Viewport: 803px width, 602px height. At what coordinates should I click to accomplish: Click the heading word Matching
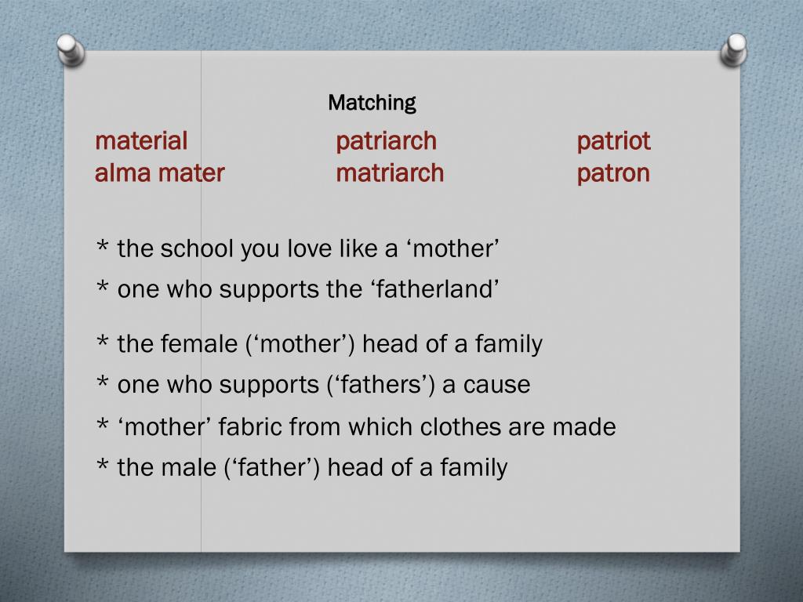372,103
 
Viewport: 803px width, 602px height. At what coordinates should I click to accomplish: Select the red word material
141,142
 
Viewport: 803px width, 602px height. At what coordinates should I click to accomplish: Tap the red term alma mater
159,173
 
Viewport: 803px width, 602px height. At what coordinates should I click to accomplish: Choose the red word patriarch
386,142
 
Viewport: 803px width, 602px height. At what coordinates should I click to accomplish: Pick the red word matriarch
390,173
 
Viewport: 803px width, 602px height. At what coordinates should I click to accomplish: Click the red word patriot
613,142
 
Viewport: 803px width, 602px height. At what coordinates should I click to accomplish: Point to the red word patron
613,173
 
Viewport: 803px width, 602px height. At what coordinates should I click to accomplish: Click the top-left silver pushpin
71,49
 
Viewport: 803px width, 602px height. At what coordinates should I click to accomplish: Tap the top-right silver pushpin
734,49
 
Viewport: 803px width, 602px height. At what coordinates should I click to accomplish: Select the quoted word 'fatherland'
434,290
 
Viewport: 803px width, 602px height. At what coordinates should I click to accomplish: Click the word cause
496,385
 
